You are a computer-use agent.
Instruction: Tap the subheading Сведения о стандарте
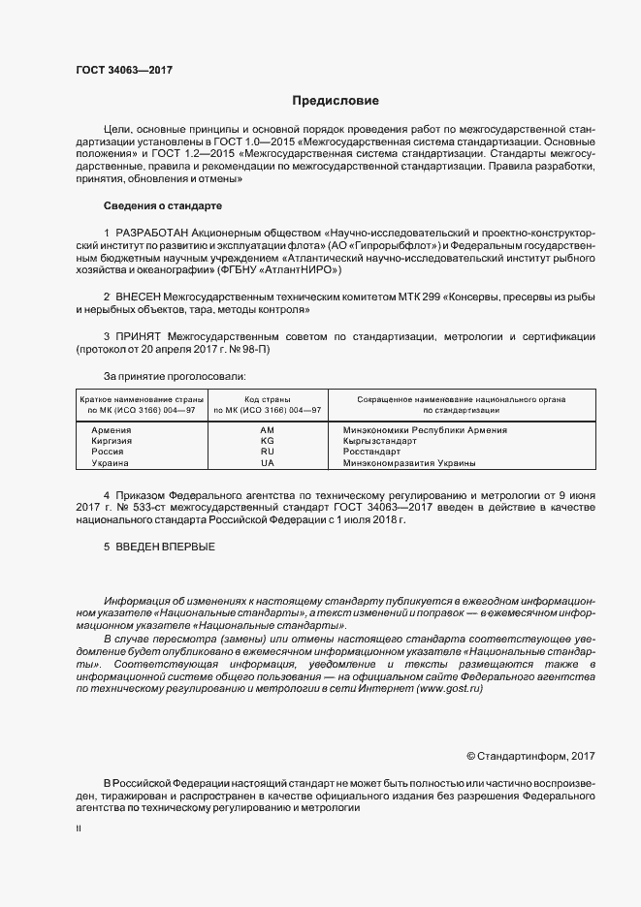click(162, 206)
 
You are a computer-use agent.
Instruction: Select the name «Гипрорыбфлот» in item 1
click(394, 247)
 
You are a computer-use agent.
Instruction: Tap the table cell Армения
click(111, 428)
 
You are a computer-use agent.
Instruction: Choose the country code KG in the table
click(267, 440)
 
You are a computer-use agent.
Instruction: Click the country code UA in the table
click(267, 463)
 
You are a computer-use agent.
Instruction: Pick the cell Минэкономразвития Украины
click(402, 463)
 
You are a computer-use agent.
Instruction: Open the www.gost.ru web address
click(447, 688)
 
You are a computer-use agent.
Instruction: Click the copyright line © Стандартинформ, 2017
click(531, 755)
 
